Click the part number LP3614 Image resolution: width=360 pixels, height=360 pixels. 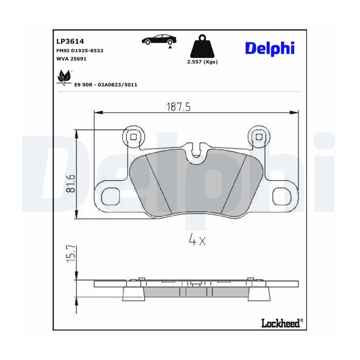70,41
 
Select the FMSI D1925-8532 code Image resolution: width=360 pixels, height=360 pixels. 80,50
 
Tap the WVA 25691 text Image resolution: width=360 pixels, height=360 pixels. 72,59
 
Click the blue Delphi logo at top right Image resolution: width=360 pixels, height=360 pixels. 270,49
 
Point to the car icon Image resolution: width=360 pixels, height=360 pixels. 159,40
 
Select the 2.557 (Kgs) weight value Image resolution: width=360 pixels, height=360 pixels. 202,62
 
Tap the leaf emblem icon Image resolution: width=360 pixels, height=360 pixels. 64,76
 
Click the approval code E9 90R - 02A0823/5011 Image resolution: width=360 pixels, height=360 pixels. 106,85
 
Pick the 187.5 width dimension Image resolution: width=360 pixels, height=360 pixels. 178,107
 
